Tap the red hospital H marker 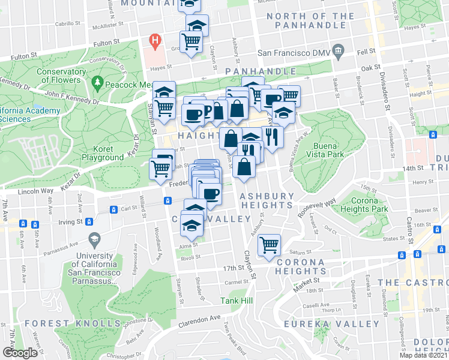155,41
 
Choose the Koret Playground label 102,153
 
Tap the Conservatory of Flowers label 58,76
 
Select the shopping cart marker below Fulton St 191,42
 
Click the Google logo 19,353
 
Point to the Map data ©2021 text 423,355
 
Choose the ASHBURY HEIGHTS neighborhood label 267,200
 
